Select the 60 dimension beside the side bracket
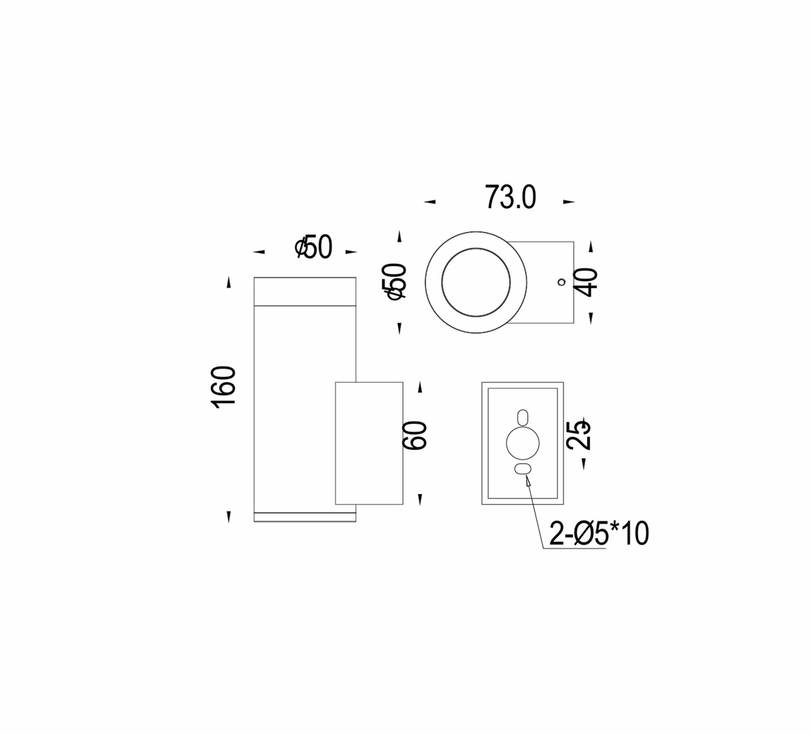point(415,435)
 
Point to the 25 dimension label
point(578,434)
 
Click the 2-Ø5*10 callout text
point(599,533)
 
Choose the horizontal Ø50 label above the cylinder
point(313,248)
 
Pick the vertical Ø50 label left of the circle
point(396,281)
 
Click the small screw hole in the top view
point(561,282)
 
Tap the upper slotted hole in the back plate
point(523,417)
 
